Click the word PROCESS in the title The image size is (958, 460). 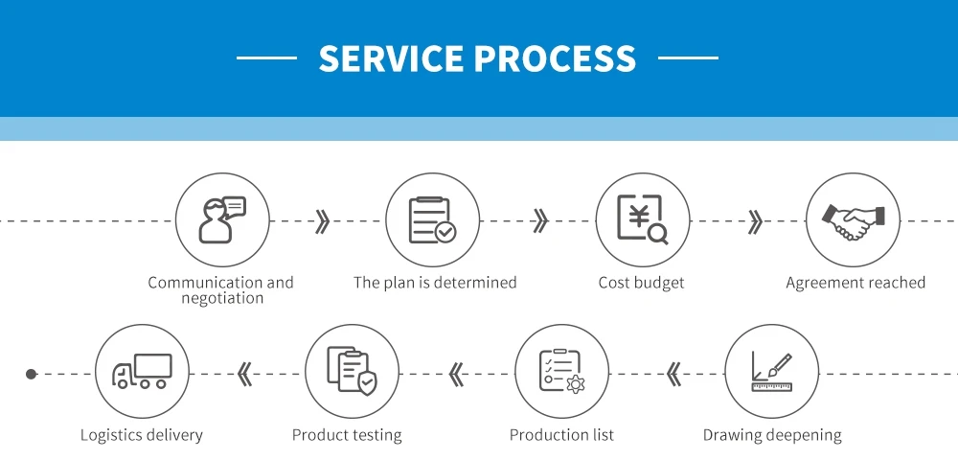(x=555, y=58)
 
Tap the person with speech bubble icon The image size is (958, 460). (x=221, y=219)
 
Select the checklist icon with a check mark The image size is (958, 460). (x=432, y=219)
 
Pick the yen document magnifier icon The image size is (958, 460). (x=642, y=219)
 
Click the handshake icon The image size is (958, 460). (x=852, y=219)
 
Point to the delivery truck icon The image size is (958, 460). (x=142, y=371)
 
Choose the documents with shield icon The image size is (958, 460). (x=352, y=371)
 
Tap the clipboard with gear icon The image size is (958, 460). (x=561, y=371)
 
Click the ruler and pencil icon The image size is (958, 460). (x=771, y=371)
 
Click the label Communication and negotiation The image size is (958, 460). (x=221, y=289)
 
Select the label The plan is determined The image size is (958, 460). (x=435, y=283)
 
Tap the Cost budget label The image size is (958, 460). (x=642, y=283)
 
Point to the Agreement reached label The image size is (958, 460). (x=855, y=283)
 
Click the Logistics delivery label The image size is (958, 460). (x=142, y=435)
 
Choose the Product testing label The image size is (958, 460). (x=347, y=435)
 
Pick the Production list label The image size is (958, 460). (x=561, y=435)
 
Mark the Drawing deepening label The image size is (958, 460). (x=772, y=435)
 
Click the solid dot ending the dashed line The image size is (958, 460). (x=31, y=374)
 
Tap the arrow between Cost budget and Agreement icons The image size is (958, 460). (x=755, y=221)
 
